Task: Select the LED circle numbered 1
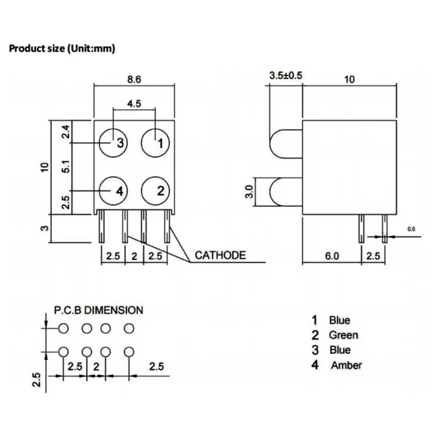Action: pos(155,143)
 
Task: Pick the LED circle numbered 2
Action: pos(155,191)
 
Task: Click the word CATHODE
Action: pos(220,255)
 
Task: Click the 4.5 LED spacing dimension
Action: pos(134,104)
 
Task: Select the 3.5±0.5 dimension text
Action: pos(286,75)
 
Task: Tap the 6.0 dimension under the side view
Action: pos(331,256)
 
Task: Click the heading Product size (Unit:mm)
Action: pos(62,48)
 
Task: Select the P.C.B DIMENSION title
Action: pos(98,310)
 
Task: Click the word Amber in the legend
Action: pos(346,365)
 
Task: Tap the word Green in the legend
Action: pos(344,335)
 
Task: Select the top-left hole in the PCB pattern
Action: pos(64,328)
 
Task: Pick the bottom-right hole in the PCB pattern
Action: pos(128,351)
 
